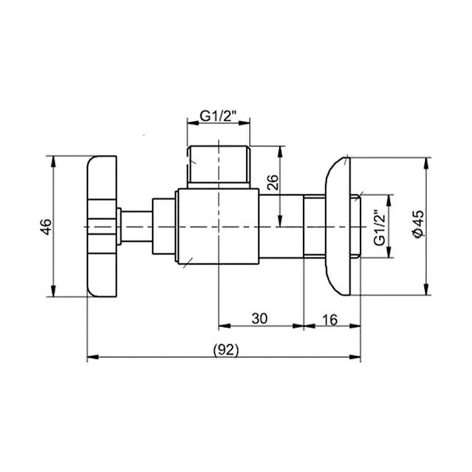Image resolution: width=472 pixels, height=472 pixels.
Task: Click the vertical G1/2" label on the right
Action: pyautogui.click(x=380, y=227)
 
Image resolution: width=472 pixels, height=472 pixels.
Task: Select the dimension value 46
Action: pyautogui.click(x=45, y=227)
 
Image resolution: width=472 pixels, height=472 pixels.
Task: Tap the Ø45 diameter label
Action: pyautogui.click(x=418, y=226)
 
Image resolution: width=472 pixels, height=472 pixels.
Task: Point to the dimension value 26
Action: pyautogui.click(x=272, y=182)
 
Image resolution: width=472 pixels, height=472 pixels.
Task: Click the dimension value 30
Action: pyautogui.click(x=259, y=320)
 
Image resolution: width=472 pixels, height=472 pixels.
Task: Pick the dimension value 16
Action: pyautogui.click(x=330, y=320)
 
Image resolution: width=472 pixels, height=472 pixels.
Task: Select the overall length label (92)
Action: pyautogui.click(x=226, y=350)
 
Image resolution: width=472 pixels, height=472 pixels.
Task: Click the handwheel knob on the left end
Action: pyautogui.click(x=101, y=227)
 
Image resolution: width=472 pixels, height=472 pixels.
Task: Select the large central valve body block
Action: pyautogui.click(x=217, y=226)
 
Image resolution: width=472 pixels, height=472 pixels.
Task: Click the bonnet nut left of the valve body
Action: pyautogui.click(x=163, y=227)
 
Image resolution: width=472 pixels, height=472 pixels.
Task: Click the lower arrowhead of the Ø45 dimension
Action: pyautogui.click(x=427, y=289)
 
